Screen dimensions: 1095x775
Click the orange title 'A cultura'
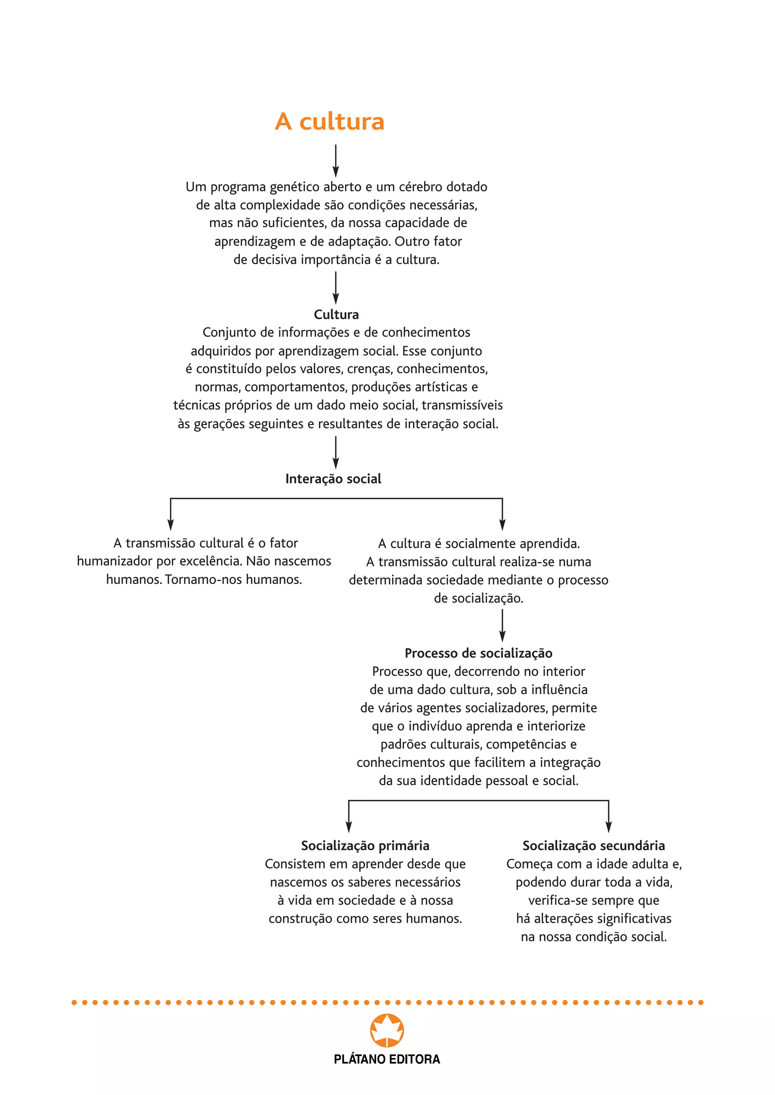pyautogui.click(x=329, y=122)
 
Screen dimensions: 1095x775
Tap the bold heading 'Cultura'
pyautogui.click(x=336, y=314)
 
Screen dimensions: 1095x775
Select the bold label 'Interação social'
pyautogui.click(x=333, y=479)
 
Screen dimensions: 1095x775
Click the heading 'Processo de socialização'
pyautogui.click(x=478, y=653)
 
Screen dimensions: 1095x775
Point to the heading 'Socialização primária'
pyautogui.click(x=365, y=846)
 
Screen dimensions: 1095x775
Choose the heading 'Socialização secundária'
pyautogui.click(x=594, y=846)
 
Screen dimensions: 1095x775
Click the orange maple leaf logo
pyautogui.click(x=387, y=1031)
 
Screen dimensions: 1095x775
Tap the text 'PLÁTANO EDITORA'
pyautogui.click(x=387, y=1059)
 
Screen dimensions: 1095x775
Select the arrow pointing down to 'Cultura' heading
pyautogui.click(x=336, y=288)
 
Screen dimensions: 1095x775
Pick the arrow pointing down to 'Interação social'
pyautogui.click(x=336, y=453)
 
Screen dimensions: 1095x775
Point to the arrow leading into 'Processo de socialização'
pyautogui.click(x=502, y=626)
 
